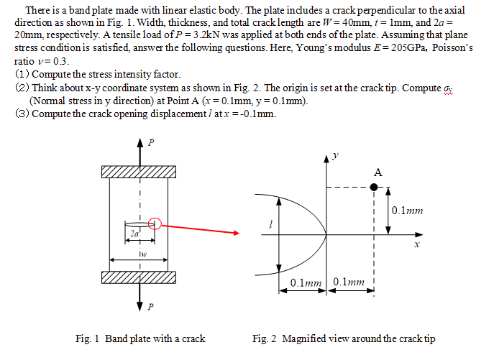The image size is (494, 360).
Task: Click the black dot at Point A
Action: click(374, 187)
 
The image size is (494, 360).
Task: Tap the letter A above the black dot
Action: click(378, 172)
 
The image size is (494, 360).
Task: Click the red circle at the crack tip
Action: click(154, 223)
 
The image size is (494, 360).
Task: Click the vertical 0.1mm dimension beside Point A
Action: click(408, 211)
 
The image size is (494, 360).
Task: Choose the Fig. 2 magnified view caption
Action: click(343, 338)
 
